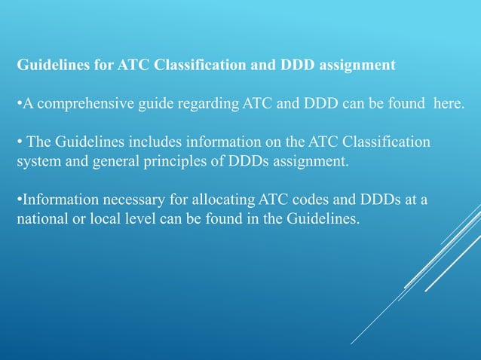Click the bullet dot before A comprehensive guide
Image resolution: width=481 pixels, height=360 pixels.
(x=19, y=103)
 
